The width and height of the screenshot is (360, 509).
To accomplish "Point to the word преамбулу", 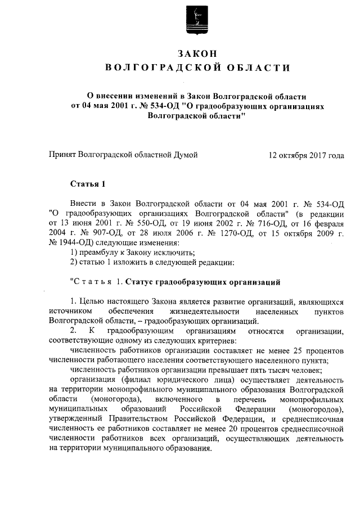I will click(x=97, y=252).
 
